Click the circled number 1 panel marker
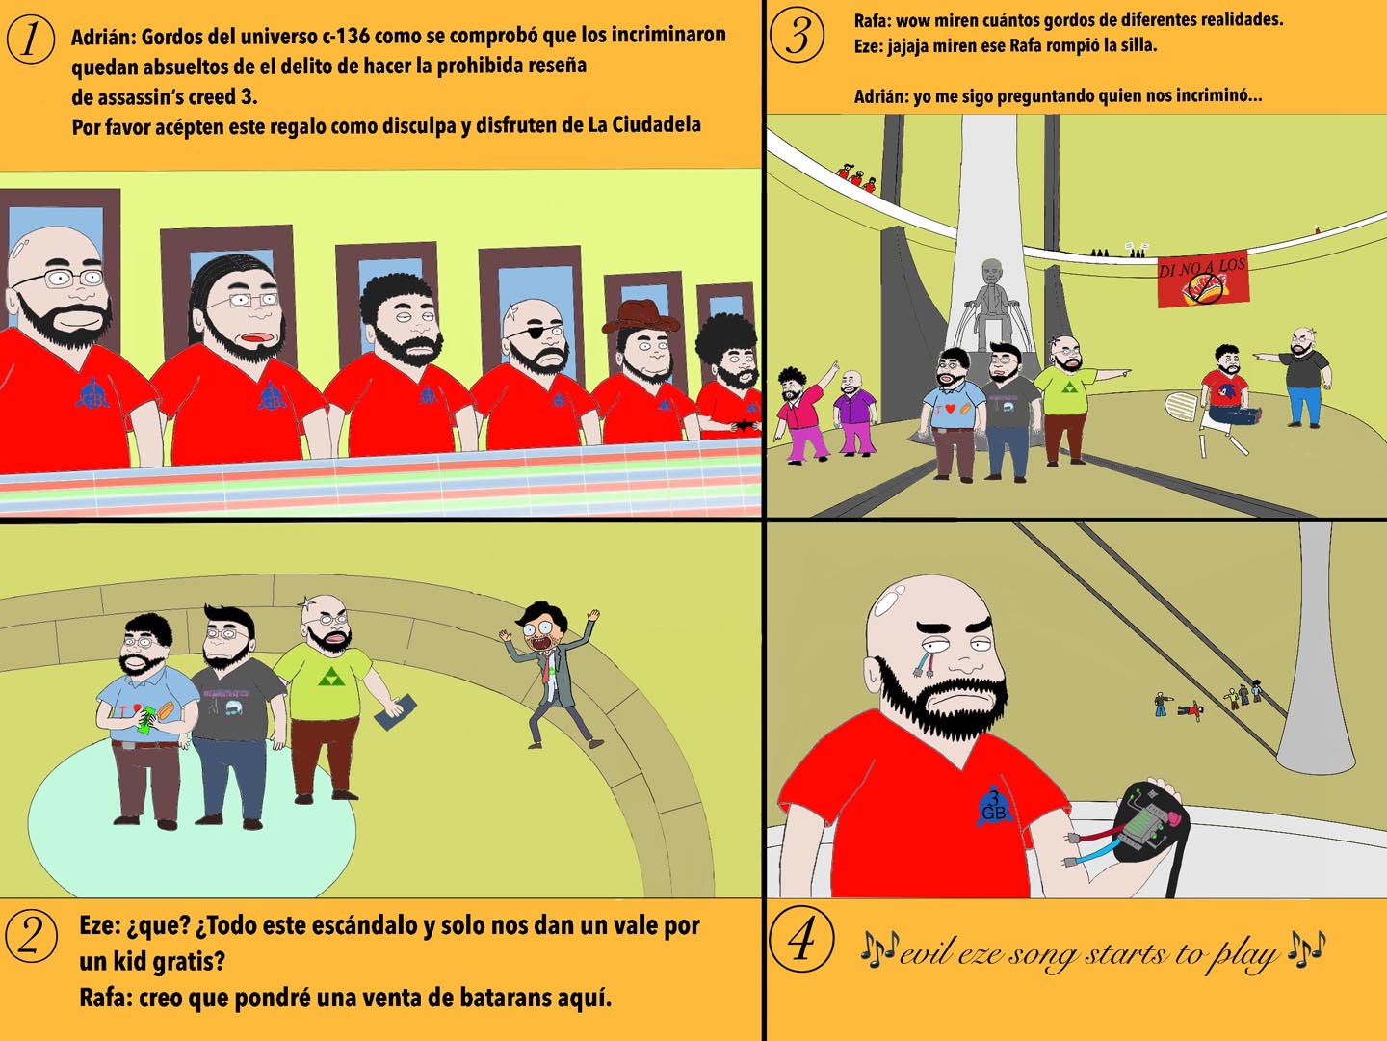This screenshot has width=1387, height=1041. pos(30,40)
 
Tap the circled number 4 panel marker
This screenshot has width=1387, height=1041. pos(801,939)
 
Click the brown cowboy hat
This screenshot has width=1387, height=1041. pos(641,317)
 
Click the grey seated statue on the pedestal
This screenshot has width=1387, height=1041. pos(994,304)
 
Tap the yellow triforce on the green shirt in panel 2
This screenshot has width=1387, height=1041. pos(327,679)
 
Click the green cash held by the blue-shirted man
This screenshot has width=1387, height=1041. pos(146,719)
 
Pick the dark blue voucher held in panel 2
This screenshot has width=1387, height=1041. pos(394,712)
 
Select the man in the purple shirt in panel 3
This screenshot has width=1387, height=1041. pos(854,414)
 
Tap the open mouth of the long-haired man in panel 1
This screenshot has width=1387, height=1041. pos(256,337)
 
